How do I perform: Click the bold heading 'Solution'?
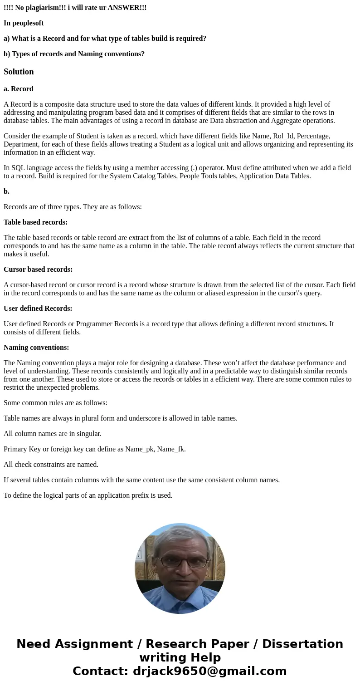point(19,72)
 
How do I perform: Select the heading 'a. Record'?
point(19,89)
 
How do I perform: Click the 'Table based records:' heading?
point(35,222)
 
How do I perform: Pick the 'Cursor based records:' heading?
point(38,270)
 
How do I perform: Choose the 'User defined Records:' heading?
point(38,309)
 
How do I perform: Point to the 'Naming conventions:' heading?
point(36,348)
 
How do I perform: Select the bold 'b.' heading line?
point(7,191)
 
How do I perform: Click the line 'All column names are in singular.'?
point(53,434)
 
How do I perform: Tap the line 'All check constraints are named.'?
point(51,465)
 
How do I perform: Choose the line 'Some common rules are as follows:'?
point(55,403)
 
